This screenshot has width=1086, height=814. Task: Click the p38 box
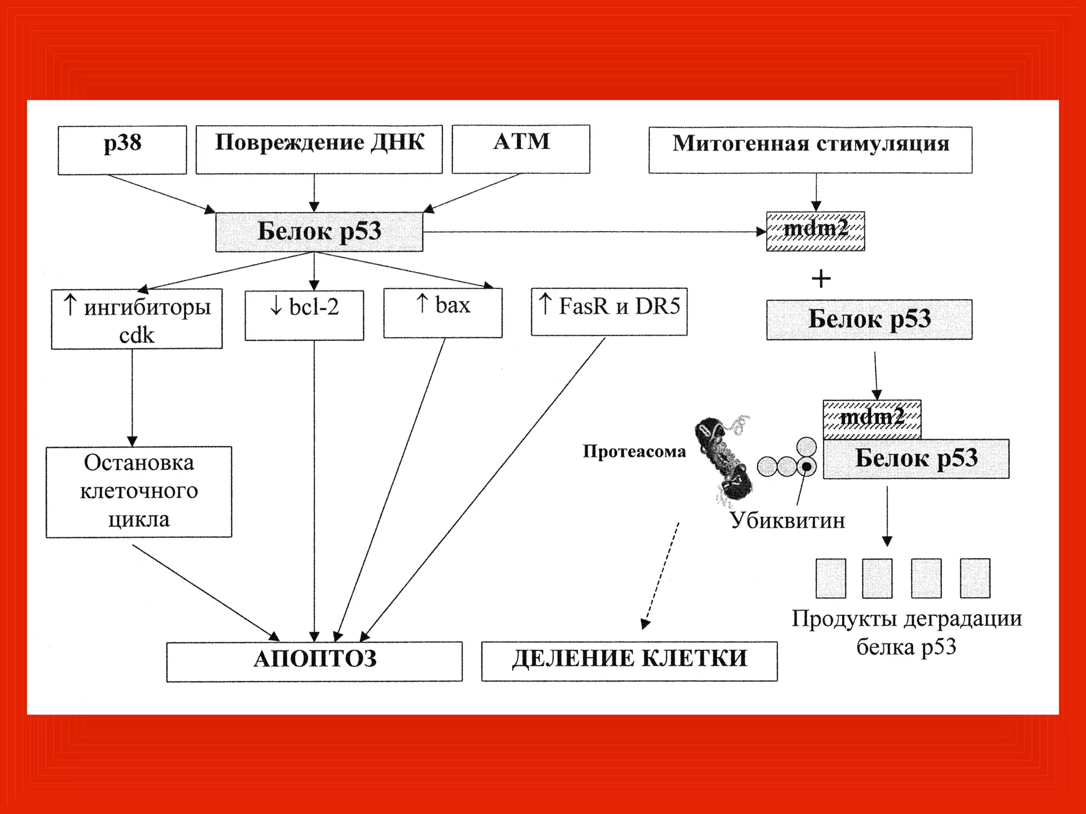[122, 149]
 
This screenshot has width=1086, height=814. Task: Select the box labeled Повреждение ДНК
[319, 149]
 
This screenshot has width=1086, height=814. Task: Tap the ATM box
[521, 149]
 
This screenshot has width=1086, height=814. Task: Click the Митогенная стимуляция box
[810, 149]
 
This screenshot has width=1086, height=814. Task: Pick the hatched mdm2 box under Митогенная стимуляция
[816, 231]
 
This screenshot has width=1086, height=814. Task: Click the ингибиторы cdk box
[137, 318]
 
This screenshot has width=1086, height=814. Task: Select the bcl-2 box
[304, 315]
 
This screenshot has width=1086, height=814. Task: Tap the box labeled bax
[443, 313]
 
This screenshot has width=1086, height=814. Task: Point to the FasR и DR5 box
[609, 312]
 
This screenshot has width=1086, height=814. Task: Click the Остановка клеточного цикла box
[139, 492]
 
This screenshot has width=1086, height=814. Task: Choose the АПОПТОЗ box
[314, 661]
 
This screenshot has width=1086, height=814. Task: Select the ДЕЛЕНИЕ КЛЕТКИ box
[629, 661]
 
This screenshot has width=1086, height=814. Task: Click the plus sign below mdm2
[821, 279]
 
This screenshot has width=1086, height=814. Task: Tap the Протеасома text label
[634, 452]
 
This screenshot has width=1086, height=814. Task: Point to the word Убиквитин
[787, 520]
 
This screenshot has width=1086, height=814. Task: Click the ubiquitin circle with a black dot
[807, 466]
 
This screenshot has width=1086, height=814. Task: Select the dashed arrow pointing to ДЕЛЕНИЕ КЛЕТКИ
[660, 575]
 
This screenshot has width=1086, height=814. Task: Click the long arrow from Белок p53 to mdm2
[594, 232]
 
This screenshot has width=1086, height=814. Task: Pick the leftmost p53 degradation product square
[831, 578]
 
